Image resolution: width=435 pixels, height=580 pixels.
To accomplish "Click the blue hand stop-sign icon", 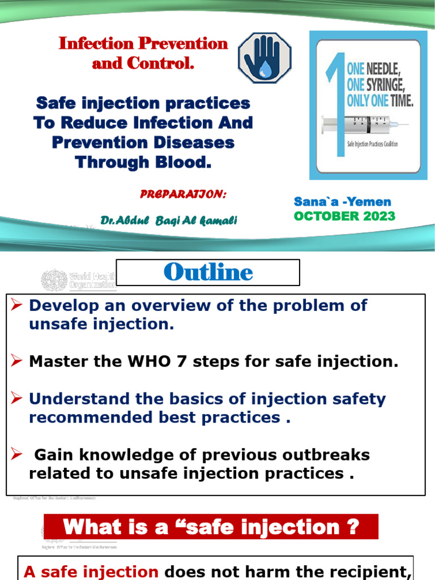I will pos(264,58).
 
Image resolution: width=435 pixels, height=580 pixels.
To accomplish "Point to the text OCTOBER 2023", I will pos(344,216).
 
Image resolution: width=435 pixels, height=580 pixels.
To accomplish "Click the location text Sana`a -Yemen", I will pos(342,202).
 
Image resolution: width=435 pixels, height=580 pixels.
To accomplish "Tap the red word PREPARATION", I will pos(183,194).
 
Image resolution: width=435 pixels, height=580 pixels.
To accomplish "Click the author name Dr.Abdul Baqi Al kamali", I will pos(169,220).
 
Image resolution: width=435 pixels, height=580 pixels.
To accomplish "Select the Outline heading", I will pos(208,272).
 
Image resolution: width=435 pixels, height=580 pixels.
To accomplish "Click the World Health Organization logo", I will pos(78,280).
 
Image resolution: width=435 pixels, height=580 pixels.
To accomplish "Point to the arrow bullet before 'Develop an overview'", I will pos(16,306).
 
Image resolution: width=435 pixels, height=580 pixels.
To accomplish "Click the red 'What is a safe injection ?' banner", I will pos(211,527).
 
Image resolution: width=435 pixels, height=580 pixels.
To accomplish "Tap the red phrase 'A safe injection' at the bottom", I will pos(91,572).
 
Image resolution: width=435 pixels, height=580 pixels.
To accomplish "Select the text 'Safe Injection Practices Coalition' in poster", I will pos(372,144).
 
